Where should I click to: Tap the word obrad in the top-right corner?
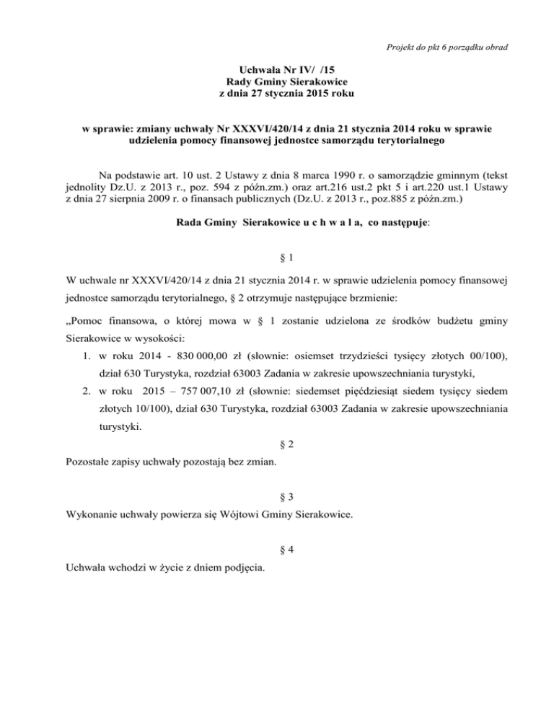tap(494, 48)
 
